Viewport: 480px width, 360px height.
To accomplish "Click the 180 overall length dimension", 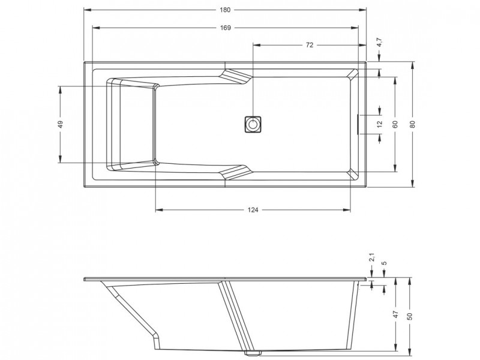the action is click(x=225, y=10).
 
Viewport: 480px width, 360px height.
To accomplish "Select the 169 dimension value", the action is click(x=226, y=28).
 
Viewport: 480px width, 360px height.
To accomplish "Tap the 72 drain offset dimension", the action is click(x=310, y=45).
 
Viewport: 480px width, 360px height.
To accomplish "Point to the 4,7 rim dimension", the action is click(x=379, y=42).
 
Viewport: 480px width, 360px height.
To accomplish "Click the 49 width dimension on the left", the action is click(x=61, y=124).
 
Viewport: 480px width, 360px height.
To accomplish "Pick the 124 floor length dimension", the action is click(x=253, y=210).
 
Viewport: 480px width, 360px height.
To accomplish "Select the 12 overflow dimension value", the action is click(x=380, y=124).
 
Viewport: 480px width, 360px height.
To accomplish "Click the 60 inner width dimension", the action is click(x=395, y=124).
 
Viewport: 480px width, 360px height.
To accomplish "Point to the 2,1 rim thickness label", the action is click(x=372, y=257).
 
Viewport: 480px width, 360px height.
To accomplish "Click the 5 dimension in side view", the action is click(x=385, y=263).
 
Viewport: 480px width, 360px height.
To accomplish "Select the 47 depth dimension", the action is click(x=395, y=314).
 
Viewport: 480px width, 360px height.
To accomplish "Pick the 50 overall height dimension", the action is click(x=410, y=316).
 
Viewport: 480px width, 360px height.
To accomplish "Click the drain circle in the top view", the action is click(x=253, y=124).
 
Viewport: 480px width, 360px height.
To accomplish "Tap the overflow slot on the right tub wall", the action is click(x=358, y=124).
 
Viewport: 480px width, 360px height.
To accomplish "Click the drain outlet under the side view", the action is click(x=252, y=353).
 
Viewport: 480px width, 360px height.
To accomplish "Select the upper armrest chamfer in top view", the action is click(x=235, y=76).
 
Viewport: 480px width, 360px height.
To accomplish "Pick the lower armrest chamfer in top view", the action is click(x=235, y=172).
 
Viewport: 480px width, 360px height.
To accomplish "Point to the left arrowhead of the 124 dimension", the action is click(x=159, y=210).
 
